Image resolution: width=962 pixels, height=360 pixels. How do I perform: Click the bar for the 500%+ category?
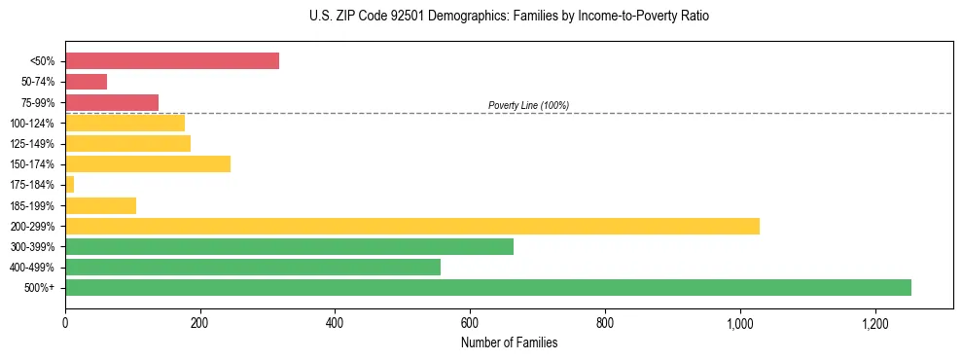click(x=487, y=287)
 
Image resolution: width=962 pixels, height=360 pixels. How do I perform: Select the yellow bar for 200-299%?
click(x=411, y=226)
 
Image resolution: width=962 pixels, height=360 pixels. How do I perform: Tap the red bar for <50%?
click(x=172, y=61)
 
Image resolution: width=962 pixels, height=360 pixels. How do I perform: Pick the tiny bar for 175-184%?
click(x=69, y=185)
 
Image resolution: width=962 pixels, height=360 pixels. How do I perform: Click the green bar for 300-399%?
click(x=289, y=246)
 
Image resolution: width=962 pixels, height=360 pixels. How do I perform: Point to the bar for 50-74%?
click(x=86, y=82)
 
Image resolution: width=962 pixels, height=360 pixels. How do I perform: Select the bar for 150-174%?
click(x=148, y=164)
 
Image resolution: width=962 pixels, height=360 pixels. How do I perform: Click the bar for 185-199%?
click(x=100, y=205)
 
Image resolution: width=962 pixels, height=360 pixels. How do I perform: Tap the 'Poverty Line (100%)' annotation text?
click(x=528, y=105)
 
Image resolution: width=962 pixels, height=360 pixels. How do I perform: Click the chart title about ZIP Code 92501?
click(x=481, y=17)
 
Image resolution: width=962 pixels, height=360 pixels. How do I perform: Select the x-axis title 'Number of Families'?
click(x=509, y=342)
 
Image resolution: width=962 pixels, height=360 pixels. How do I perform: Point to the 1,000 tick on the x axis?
click(x=740, y=323)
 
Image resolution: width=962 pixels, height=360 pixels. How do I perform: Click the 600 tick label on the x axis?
click(x=470, y=323)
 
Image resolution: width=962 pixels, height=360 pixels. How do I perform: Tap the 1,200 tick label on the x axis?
click(x=874, y=323)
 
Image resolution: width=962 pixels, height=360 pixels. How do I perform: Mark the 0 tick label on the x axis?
click(x=65, y=323)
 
